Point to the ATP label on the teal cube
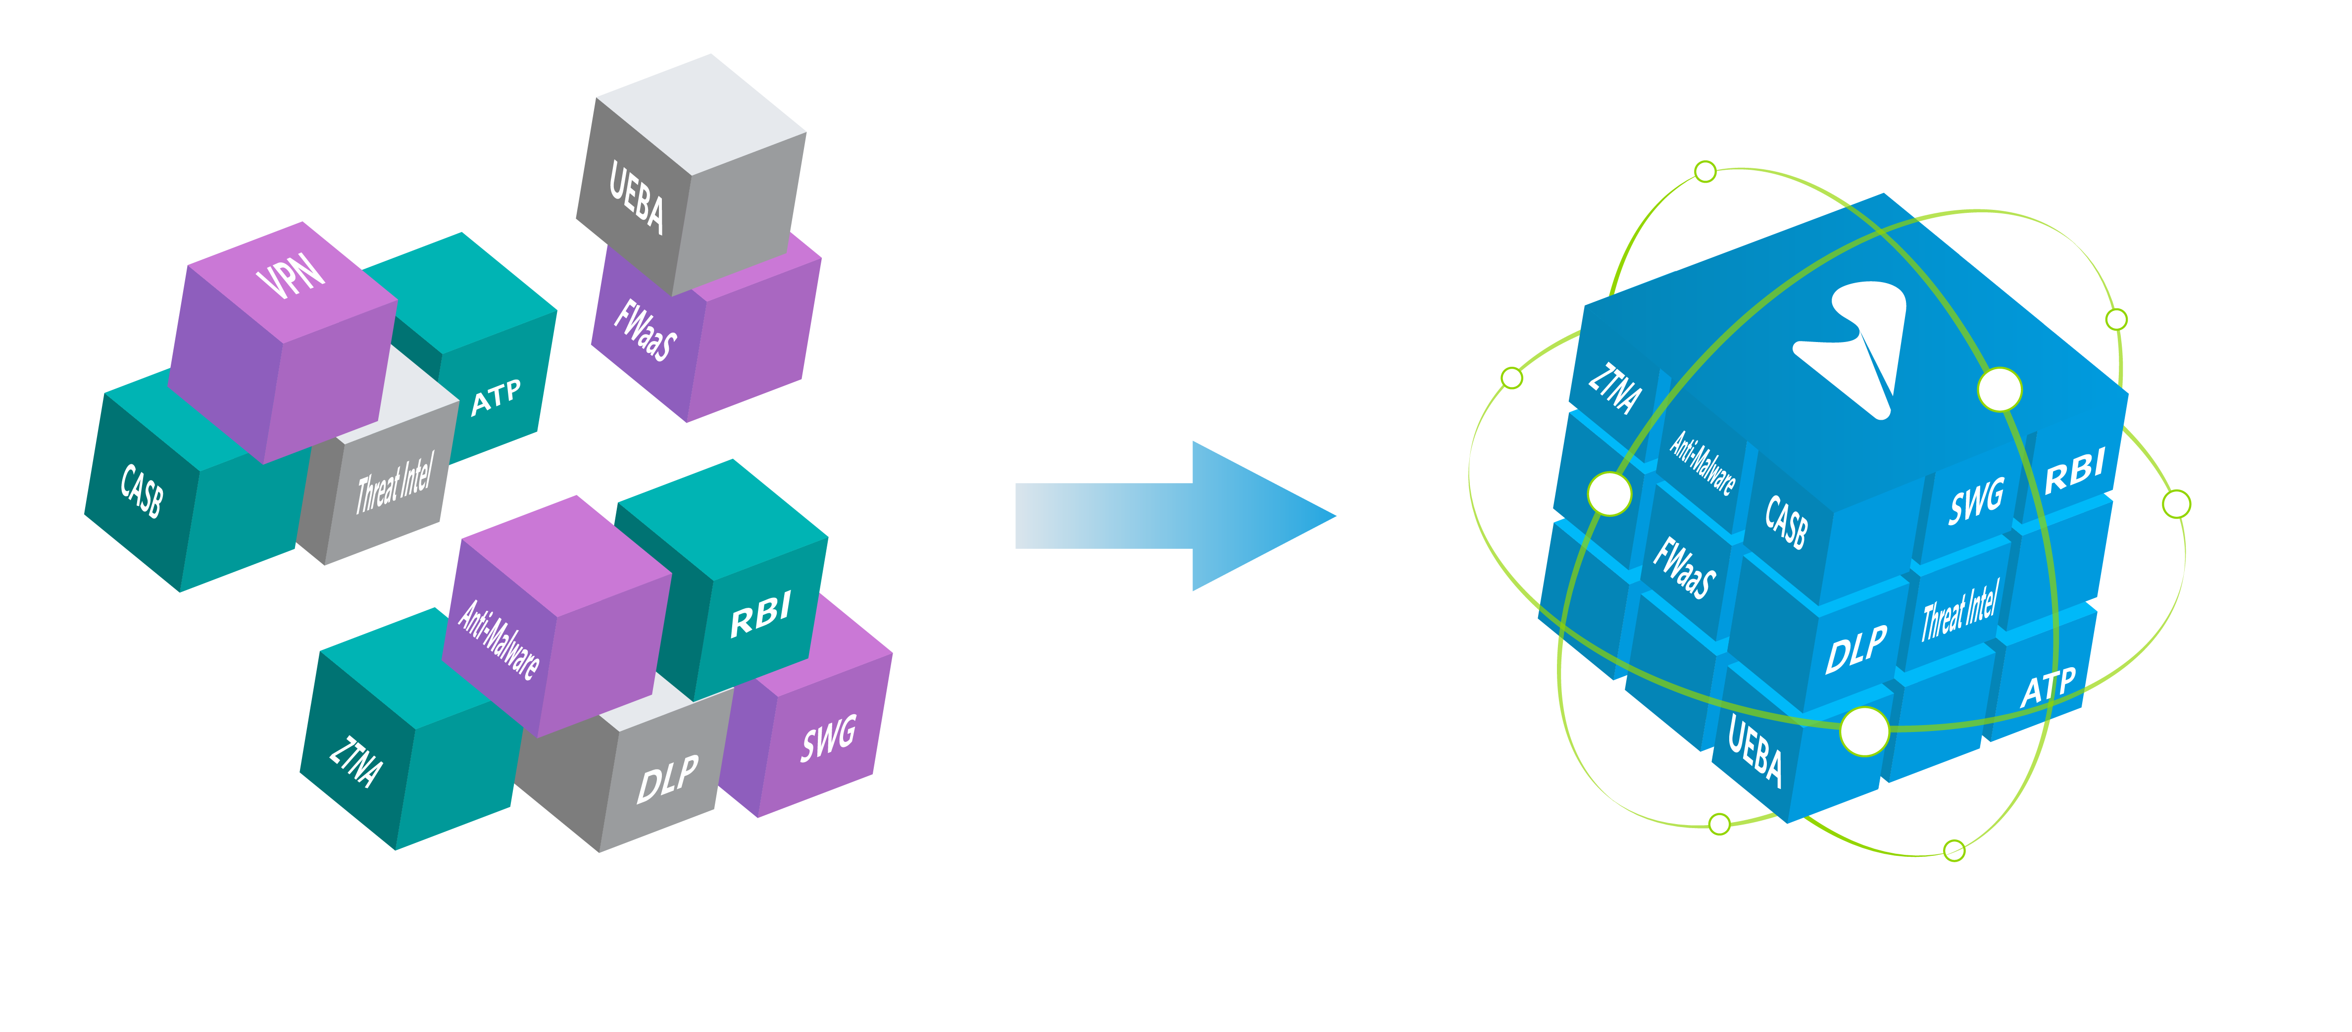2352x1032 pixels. (x=496, y=397)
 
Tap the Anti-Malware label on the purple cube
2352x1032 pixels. (x=499, y=639)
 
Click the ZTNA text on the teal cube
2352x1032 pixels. (x=355, y=760)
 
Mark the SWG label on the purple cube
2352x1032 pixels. (x=828, y=738)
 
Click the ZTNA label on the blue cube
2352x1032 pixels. (x=1614, y=388)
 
